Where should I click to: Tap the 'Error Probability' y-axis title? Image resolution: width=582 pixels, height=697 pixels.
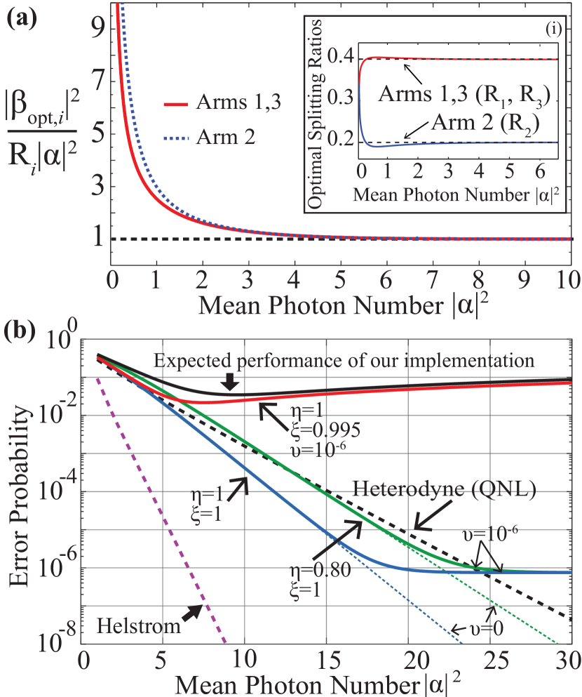click(22, 491)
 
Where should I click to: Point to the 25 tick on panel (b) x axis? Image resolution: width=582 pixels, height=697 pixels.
click(495, 661)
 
